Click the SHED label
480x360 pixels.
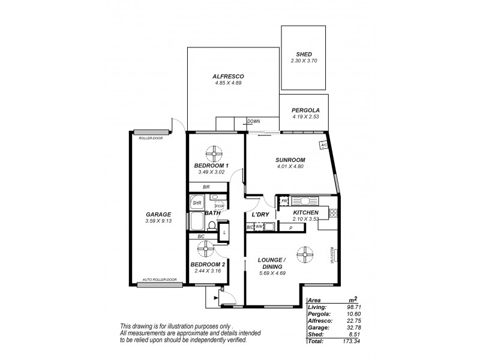point(304,53)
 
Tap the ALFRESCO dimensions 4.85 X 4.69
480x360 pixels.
point(227,84)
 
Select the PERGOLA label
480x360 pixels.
point(305,110)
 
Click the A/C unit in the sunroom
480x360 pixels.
point(323,145)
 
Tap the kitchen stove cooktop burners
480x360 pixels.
point(333,212)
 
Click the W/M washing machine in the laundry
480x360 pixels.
point(260,227)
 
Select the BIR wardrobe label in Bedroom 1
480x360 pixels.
point(206,187)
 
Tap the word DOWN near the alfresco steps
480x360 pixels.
point(254,121)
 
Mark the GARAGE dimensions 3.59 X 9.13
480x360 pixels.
point(158,221)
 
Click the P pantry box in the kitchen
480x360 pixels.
point(290,228)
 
